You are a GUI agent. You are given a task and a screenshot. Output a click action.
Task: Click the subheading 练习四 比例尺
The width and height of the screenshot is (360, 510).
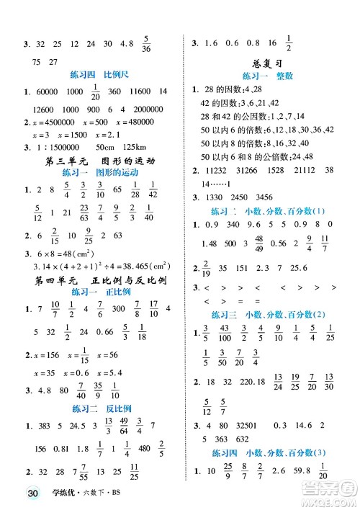pos(93,74)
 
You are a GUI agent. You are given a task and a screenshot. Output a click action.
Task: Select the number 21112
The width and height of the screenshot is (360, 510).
pos(305,171)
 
